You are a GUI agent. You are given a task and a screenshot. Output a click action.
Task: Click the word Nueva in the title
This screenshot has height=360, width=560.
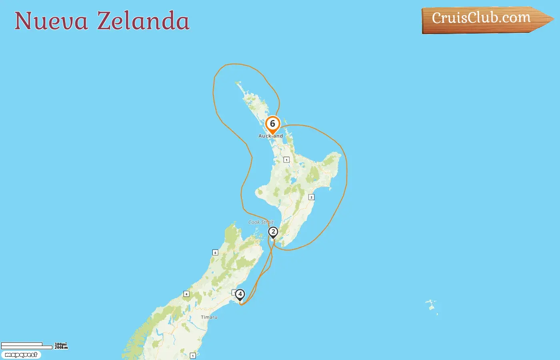tap(51, 21)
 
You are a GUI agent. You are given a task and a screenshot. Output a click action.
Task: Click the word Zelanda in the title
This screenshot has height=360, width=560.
tap(143, 21)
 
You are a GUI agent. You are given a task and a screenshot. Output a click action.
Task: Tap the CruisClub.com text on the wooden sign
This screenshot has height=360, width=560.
tap(481, 18)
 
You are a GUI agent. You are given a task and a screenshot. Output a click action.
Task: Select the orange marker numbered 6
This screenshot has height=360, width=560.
tap(272, 124)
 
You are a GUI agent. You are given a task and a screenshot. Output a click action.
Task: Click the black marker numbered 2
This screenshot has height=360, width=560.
tap(273, 232)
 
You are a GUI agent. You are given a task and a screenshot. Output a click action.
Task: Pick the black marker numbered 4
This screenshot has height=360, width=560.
tap(240, 295)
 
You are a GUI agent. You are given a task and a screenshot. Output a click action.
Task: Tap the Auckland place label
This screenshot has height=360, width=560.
tap(270, 136)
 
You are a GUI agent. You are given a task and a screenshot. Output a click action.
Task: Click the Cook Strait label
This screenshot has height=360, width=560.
tap(261, 222)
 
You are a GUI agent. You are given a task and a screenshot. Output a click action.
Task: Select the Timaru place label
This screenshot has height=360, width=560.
tap(209, 317)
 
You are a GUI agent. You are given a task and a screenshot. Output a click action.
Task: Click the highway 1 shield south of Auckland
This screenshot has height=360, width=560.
tap(286, 160)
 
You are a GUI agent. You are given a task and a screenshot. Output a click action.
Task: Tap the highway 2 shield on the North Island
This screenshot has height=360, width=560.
tap(311, 197)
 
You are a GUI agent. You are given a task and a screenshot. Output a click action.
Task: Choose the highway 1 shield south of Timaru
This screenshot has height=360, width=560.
tap(192, 355)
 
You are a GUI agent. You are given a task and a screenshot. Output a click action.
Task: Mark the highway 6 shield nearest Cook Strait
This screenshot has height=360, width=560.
tap(215, 252)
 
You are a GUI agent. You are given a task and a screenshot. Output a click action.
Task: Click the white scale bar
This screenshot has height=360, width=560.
tap(26, 346)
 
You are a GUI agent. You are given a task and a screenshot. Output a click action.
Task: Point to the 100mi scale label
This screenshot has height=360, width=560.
tap(61, 344)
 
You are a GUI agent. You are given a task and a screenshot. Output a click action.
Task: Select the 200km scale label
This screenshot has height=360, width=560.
tap(61, 348)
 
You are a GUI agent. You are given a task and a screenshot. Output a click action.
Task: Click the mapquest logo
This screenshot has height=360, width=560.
tap(21, 355)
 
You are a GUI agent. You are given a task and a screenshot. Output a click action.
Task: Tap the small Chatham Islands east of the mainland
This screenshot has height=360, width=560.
tap(431, 306)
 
